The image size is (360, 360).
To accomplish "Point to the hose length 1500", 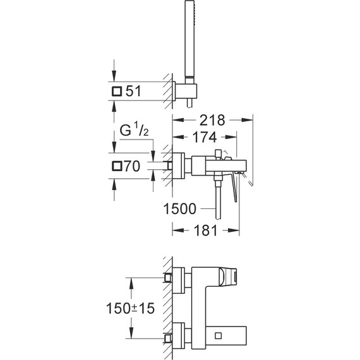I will [181, 209].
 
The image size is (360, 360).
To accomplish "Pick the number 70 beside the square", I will [133, 167].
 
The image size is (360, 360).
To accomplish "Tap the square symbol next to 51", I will [116, 92].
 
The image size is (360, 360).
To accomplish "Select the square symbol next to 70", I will [116, 167].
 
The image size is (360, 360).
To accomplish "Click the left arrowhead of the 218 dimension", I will [174, 119].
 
